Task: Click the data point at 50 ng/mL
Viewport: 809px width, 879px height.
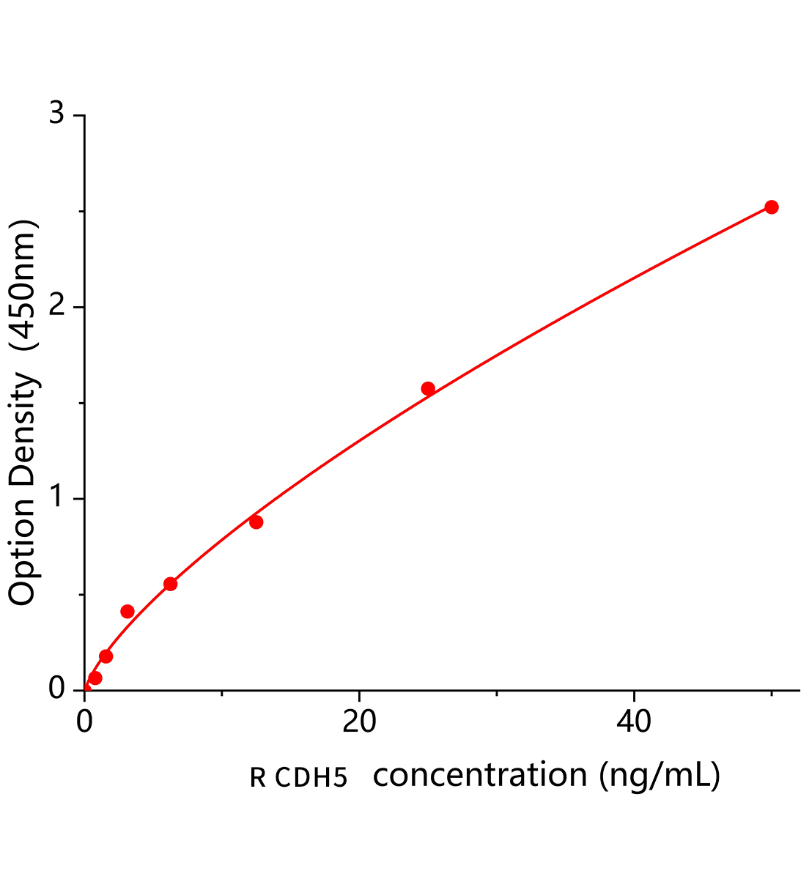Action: (x=771, y=207)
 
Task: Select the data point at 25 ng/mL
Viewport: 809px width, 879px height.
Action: (x=428, y=388)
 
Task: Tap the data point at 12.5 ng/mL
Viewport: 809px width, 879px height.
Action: (x=256, y=522)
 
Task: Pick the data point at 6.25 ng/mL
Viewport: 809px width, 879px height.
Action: (x=170, y=584)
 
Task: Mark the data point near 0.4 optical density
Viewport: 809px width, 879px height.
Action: (x=128, y=611)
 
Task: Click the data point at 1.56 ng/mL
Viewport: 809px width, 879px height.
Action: (x=106, y=656)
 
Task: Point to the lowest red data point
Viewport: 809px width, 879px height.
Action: (x=95, y=678)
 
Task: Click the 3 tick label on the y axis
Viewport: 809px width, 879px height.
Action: (x=56, y=116)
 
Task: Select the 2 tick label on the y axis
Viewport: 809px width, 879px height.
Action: (x=56, y=308)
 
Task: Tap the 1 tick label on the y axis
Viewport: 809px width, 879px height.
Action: (x=56, y=499)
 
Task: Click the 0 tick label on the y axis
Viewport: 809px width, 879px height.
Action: (x=56, y=690)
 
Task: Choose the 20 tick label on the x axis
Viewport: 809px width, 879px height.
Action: (x=359, y=722)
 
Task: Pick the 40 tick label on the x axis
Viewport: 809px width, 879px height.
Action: (x=634, y=722)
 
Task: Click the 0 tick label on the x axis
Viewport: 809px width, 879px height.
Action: (x=85, y=722)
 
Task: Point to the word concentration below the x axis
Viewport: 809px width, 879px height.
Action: (x=480, y=775)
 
